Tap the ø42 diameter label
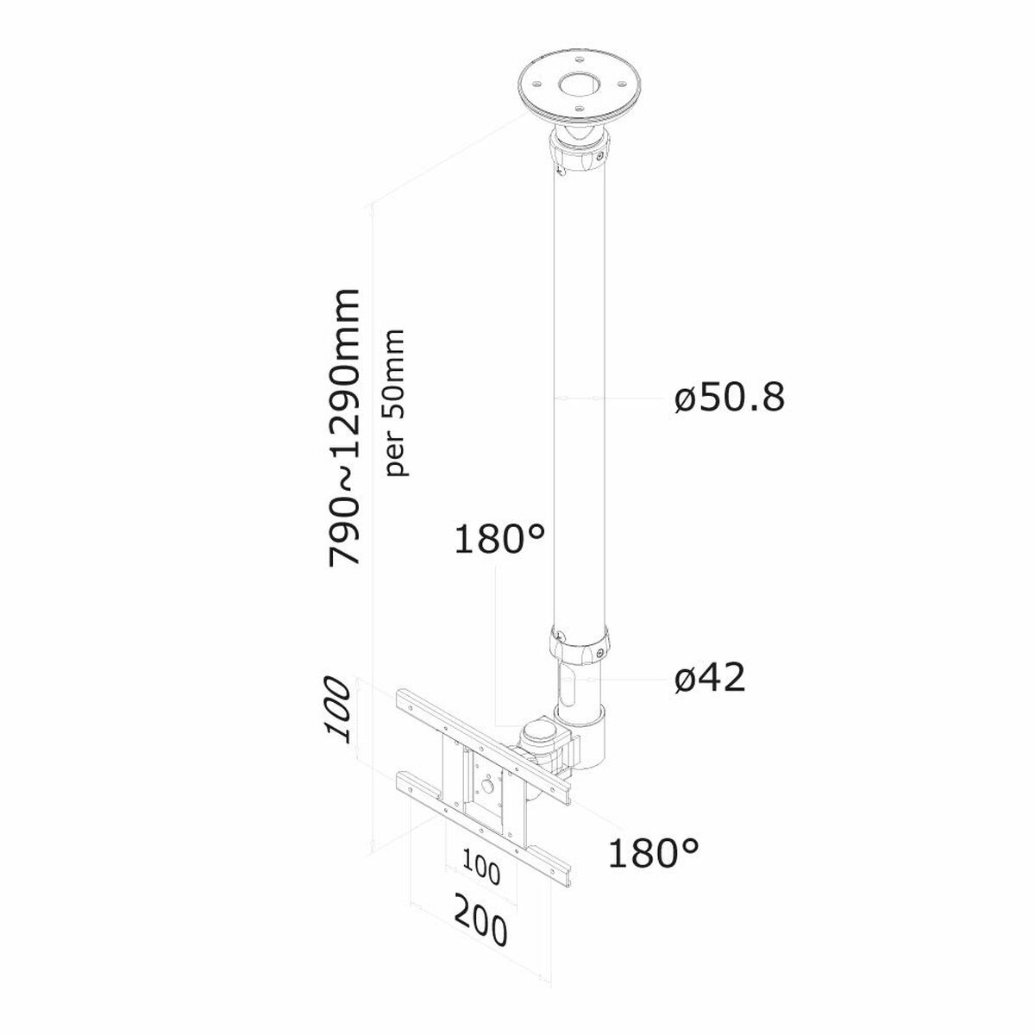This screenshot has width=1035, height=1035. click(709, 679)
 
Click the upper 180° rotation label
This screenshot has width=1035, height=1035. click(499, 541)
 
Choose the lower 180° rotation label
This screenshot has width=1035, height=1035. click(654, 852)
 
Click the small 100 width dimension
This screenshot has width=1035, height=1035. click(481, 869)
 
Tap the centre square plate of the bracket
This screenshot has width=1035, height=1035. click(488, 787)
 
